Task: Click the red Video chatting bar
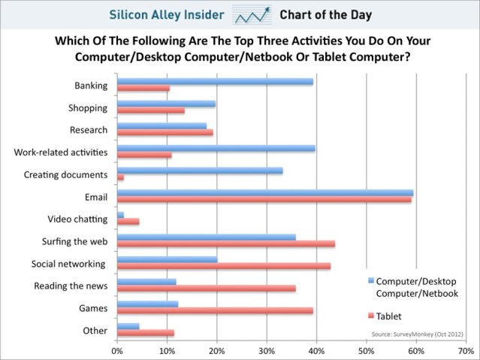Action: (128, 222)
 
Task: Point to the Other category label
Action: (95, 330)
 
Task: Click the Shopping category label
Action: (88, 107)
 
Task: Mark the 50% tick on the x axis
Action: (366, 344)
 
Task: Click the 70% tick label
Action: (465, 351)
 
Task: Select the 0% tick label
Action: (118, 351)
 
